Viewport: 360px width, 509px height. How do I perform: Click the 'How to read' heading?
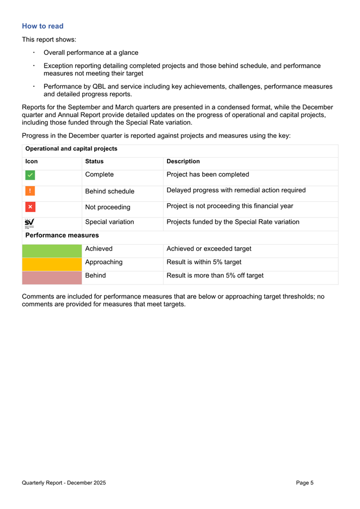43,26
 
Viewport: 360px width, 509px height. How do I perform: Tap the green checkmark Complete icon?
30,175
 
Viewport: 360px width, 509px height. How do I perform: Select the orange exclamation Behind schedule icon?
30,191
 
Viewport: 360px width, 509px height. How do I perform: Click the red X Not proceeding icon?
30,207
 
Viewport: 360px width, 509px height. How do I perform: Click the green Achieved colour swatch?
51,249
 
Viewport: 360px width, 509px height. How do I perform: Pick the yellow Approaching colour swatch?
51,263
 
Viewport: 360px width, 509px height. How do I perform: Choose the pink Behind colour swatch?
51,276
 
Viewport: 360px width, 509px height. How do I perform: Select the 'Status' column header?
94,161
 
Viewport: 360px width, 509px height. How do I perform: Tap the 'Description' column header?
183,161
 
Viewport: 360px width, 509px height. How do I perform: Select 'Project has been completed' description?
208,174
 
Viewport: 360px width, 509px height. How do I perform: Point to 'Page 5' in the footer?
305,483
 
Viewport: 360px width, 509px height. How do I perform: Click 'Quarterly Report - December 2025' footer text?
64,483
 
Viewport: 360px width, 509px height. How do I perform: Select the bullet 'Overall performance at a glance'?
91,53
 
